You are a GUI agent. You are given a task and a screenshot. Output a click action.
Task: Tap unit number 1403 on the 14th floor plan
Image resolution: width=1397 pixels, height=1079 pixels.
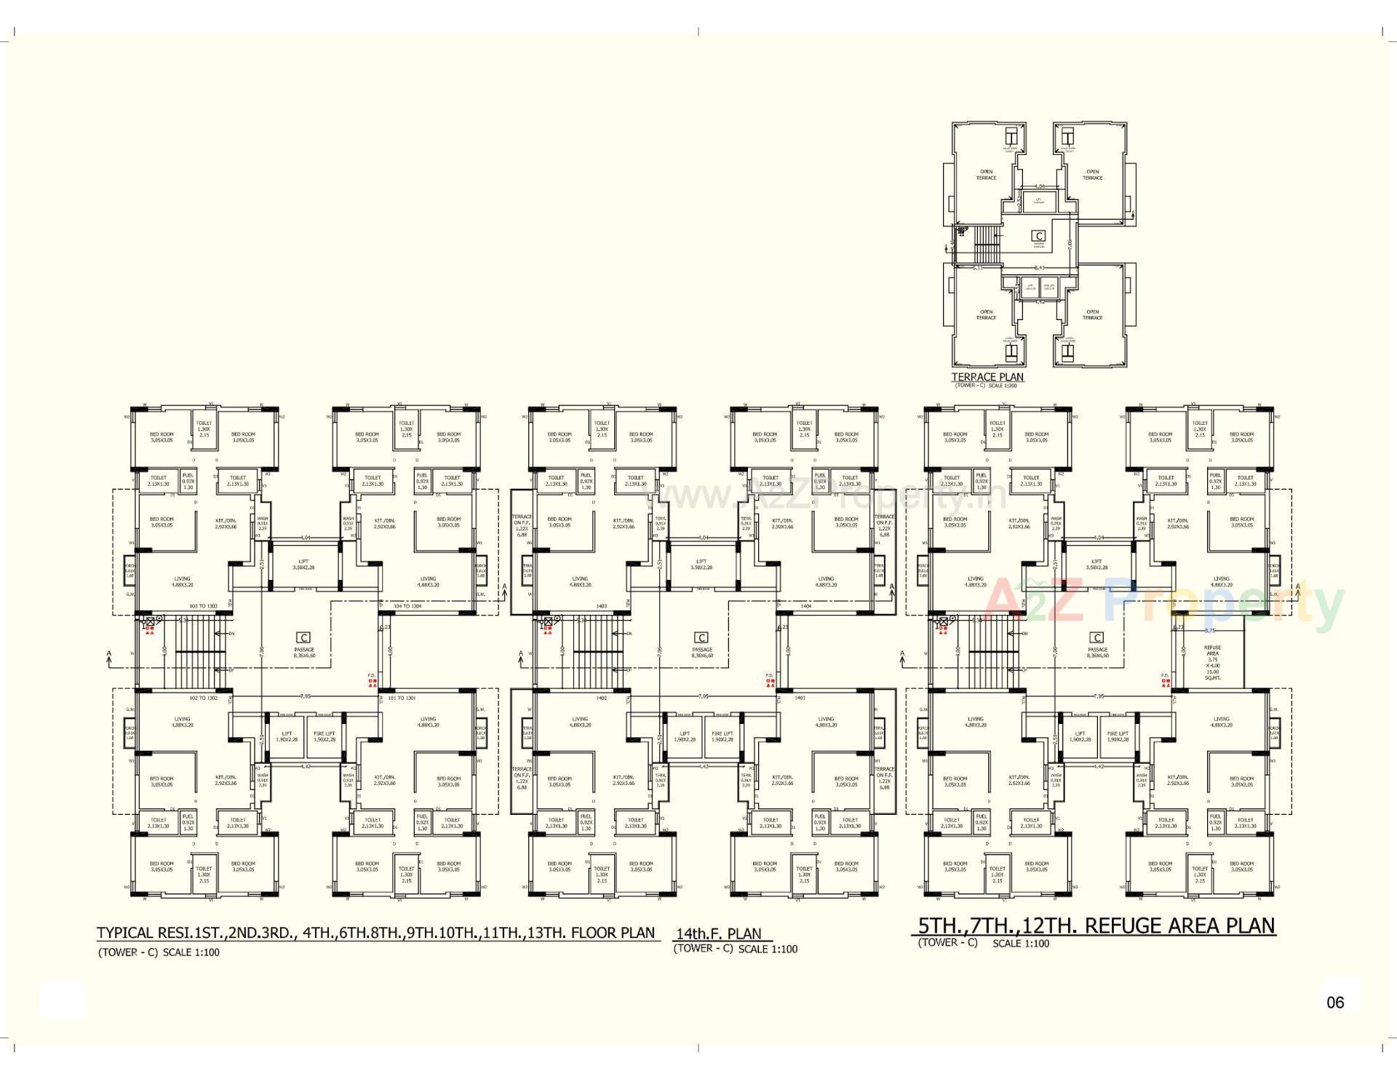[601, 605]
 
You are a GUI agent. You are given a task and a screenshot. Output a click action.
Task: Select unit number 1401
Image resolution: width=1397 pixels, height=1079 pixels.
[800, 698]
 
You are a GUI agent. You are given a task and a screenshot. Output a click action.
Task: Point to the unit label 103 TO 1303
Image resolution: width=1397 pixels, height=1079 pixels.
[203, 605]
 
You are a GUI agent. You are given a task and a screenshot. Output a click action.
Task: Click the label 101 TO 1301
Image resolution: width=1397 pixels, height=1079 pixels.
[402, 698]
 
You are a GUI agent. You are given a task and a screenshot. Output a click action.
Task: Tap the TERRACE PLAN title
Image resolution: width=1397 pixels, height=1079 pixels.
[987, 377]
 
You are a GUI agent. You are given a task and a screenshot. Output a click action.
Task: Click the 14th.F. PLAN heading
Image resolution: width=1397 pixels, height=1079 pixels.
[719, 933]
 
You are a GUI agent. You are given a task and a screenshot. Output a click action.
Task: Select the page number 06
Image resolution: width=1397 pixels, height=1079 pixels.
[1335, 1002]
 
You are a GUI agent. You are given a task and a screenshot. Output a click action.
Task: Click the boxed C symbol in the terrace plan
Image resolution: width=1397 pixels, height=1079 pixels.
[1039, 236]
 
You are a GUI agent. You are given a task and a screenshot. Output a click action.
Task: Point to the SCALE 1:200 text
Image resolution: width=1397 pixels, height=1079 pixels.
[1003, 386]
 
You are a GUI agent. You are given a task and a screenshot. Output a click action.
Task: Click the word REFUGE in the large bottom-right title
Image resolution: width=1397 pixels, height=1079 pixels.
[1125, 925]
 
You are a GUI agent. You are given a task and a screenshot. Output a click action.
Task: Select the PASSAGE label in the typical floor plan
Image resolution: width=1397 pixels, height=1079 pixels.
[304, 650]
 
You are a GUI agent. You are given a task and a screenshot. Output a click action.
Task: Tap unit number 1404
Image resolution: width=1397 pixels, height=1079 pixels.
[805, 605]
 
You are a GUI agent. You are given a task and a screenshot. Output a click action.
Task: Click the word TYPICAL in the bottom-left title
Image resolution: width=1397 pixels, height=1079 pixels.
[125, 933]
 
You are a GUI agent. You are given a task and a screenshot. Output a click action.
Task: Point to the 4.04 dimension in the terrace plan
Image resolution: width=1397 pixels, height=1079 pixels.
[1039, 186]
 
